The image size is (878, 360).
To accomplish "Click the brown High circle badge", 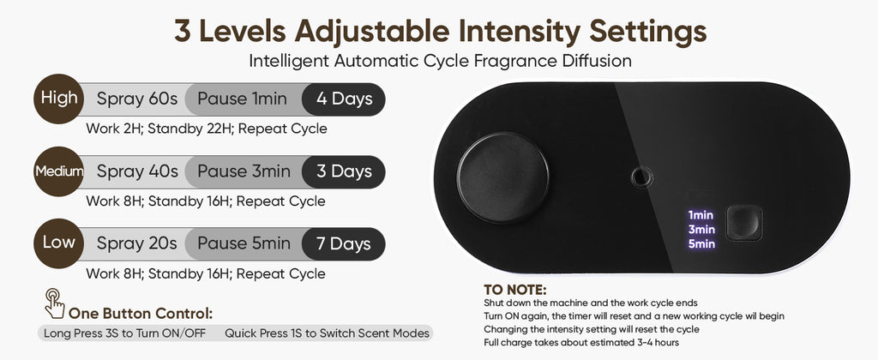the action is click(x=59, y=99).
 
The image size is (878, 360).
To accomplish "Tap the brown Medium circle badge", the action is click(x=59, y=171).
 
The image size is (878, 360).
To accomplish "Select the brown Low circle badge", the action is click(x=59, y=243).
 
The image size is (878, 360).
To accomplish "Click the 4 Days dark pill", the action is click(x=344, y=99).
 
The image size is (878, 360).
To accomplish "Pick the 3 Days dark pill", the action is click(x=344, y=171).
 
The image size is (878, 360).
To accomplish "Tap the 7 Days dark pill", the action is click(x=344, y=243).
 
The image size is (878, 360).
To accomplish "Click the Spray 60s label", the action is click(x=136, y=99).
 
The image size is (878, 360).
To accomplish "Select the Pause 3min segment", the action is click(x=244, y=171).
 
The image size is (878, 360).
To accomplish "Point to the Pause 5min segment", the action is click(x=244, y=243).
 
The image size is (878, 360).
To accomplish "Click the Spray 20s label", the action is click(x=136, y=244).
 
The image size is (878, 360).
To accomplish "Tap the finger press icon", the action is click(x=54, y=303).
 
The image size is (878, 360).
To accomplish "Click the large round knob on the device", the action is click(x=502, y=177).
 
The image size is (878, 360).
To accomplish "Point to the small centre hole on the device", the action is click(x=641, y=177).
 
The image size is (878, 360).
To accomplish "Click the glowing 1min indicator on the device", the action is click(x=701, y=215).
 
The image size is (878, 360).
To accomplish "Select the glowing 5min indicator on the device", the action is click(x=701, y=243).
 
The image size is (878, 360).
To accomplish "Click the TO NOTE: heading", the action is click(x=514, y=290).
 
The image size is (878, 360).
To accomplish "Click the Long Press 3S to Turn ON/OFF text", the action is click(x=125, y=333).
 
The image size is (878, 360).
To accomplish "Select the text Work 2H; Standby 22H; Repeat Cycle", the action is click(x=207, y=129).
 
